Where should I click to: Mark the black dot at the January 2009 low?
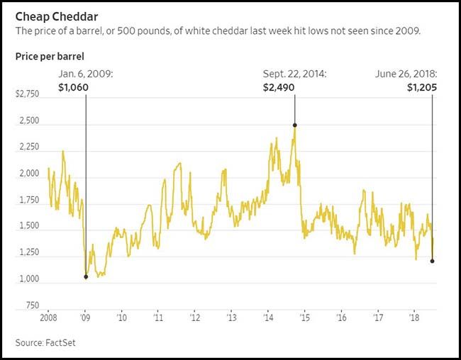(86, 276)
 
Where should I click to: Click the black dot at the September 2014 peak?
(294, 125)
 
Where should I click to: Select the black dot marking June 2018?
(432, 261)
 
